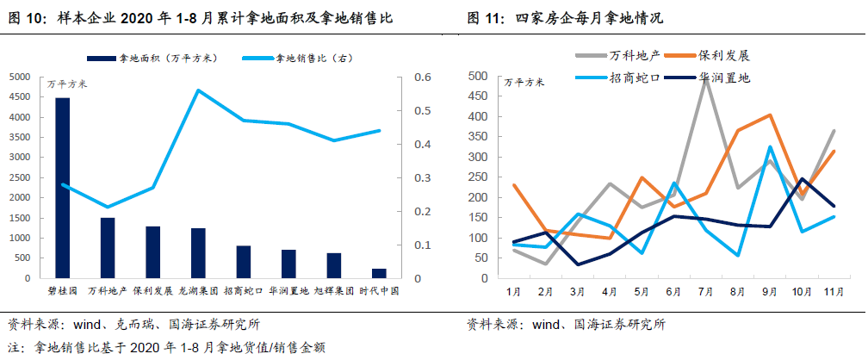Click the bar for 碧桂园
(x=62, y=188)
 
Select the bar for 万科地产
(x=108, y=248)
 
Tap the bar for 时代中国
(x=379, y=273)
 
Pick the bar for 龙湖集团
(x=198, y=253)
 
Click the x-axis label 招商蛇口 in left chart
(x=244, y=291)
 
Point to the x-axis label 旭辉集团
(x=334, y=291)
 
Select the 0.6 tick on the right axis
(x=421, y=77)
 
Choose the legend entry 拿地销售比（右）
(x=315, y=58)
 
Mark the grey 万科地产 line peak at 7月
(x=705, y=78)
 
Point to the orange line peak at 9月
(x=770, y=115)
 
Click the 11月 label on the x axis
(x=834, y=292)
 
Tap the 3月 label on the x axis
(x=577, y=292)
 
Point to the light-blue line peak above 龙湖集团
(x=198, y=90)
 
